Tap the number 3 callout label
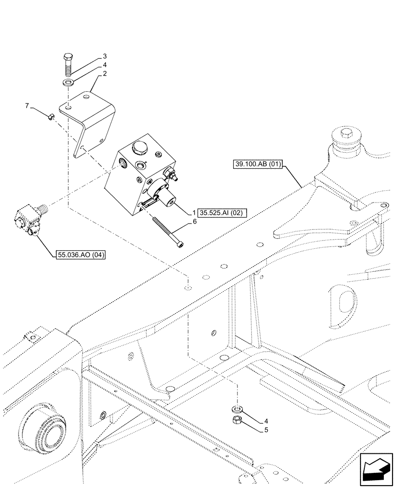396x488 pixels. [104, 57]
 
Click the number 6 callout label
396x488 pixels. [194, 222]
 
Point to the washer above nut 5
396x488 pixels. [238, 407]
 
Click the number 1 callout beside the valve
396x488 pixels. [194, 213]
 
